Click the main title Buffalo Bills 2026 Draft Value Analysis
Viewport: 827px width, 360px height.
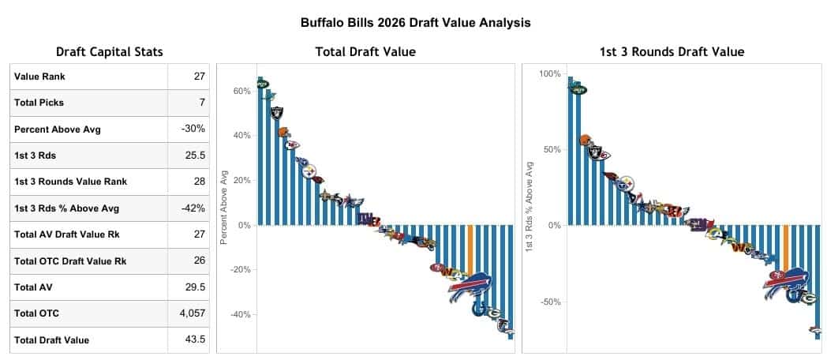(x=415, y=23)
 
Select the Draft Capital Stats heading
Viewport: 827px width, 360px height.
(x=109, y=52)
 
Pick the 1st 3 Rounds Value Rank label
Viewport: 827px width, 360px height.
(x=70, y=182)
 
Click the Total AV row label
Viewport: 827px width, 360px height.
(x=32, y=287)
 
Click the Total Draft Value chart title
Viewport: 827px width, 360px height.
(x=365, y=52)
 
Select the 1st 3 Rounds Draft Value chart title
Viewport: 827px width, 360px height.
(x=672, y=52)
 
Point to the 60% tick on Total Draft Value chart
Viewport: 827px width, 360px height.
(x=241, y=91)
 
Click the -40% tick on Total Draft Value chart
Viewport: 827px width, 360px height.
(x=239, y=314)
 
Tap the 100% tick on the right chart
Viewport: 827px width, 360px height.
(x=549, y=74)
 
